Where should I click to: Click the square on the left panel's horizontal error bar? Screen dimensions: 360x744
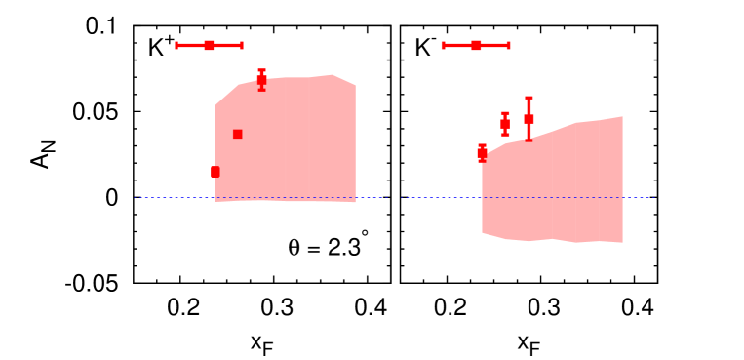[209, 45]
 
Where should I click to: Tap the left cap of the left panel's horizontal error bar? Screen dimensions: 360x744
[176, 45]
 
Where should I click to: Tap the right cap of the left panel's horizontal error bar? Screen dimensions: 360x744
[241, 45]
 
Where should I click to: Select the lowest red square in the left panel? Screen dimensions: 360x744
[215, 172]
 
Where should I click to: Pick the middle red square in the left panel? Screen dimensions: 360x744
[237, 134]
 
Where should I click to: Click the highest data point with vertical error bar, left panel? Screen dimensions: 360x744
[261, 80]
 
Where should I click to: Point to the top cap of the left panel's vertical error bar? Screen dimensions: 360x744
[261, 70]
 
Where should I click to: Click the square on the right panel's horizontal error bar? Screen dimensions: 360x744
[476, 45]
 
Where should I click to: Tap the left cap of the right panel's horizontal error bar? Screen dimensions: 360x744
[443, 45]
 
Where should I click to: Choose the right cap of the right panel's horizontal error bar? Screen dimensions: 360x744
[508, 45]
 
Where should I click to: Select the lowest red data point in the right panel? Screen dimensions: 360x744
[482, 152]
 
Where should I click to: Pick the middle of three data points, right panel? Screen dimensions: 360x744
[505, 123]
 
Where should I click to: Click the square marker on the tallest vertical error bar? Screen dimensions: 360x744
[529, 119]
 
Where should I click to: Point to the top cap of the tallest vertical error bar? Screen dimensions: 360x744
[529, 98]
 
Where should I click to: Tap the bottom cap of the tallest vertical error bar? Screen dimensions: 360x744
[529, 140]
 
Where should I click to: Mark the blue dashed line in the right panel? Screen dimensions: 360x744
[439, 198]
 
